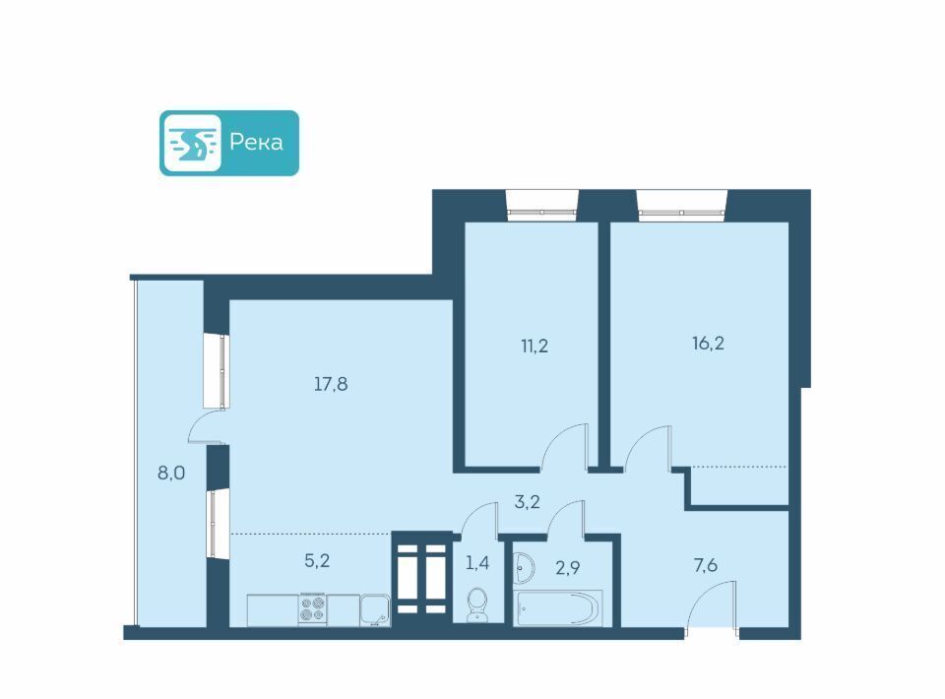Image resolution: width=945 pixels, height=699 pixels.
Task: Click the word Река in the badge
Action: (x=256, y=142)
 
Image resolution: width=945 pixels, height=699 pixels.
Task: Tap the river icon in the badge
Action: (x=192, y=143)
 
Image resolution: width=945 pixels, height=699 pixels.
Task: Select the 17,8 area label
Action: (x=331, y=384)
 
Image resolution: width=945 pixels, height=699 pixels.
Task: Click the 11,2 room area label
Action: (x=535, y=346)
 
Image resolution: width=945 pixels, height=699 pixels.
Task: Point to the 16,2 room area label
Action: (x=708, y=343)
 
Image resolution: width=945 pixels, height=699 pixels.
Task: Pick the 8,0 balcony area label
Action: (x=171, y=473)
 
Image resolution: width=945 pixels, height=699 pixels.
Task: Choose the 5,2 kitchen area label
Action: (x=317, y=561)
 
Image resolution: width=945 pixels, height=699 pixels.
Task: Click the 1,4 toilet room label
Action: (x=477, y=563)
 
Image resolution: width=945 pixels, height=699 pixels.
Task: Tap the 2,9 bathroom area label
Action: (x=568, y=567)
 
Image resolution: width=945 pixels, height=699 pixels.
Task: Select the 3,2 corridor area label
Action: (x=527, y=501)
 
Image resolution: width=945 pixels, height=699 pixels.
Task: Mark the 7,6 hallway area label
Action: (x=705, y=565)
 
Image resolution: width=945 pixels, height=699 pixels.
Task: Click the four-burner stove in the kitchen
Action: (x=313, y=608)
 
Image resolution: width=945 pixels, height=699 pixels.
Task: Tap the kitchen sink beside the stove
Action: (x=375, y=609)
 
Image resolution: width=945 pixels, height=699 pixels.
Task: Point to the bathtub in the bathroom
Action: (x=559, y=607)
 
